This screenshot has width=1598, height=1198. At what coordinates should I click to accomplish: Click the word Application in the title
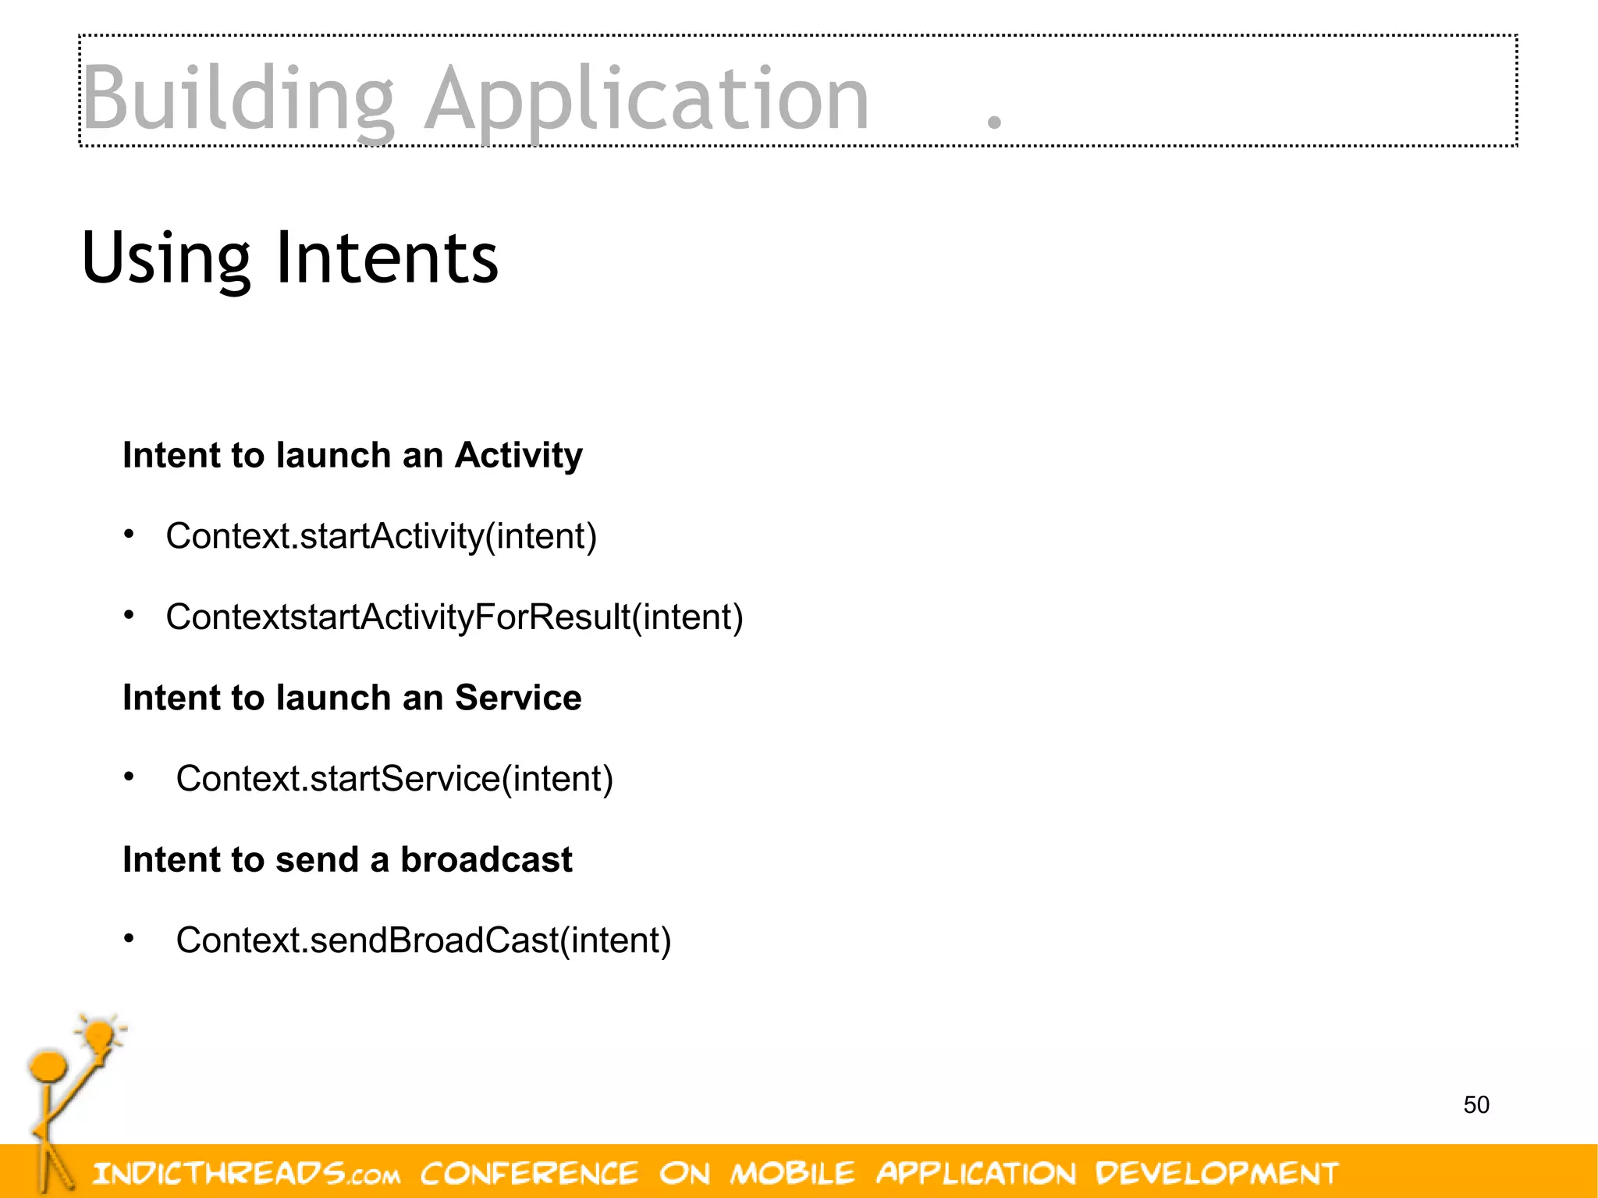click(646, 100)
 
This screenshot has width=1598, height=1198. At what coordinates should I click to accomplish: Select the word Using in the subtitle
click(165, 258)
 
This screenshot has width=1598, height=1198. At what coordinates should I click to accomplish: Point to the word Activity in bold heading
click(518, 455)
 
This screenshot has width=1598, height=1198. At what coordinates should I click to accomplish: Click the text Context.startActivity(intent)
click(381, 536)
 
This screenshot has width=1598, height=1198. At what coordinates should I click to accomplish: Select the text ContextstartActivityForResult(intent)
click(454, 617)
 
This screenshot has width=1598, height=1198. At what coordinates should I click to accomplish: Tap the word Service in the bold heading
click(518, 698)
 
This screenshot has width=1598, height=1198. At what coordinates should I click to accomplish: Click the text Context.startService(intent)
click(394, 779)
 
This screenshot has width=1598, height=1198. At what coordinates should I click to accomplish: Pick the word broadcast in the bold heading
click(486, 860)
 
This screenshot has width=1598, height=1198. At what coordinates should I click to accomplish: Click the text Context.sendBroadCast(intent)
click(423, 940)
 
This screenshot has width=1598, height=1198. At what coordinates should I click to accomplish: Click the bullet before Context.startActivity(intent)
click(130, 535)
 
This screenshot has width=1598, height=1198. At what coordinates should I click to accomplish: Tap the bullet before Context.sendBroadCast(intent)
click(130, 938)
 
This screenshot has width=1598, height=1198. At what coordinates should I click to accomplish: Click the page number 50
click(1475, 1105)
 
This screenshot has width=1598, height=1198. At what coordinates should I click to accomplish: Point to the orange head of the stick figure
click(48, 1065)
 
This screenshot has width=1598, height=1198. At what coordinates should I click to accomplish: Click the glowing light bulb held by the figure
click(99, 1036)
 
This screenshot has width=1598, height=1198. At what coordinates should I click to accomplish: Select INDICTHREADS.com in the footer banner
click(247, 1173)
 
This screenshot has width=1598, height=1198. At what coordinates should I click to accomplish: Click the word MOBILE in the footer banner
click(792, 1173)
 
